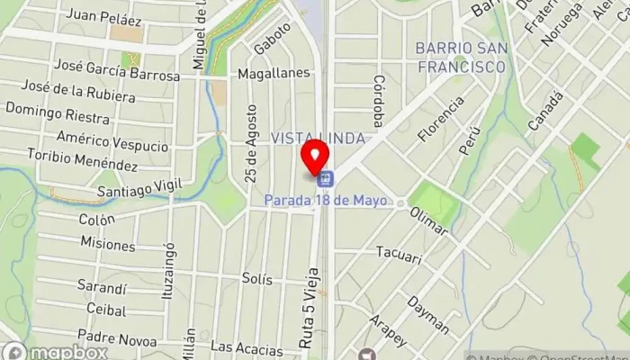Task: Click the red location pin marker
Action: (x=314, y=157)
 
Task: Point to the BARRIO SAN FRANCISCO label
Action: (x=459, y=57)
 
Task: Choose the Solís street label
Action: (x=257, y=279)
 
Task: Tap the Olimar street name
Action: (x=428, y=220)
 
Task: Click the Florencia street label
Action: (x=441, y=119)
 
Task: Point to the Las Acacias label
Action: (x=240, y=346)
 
